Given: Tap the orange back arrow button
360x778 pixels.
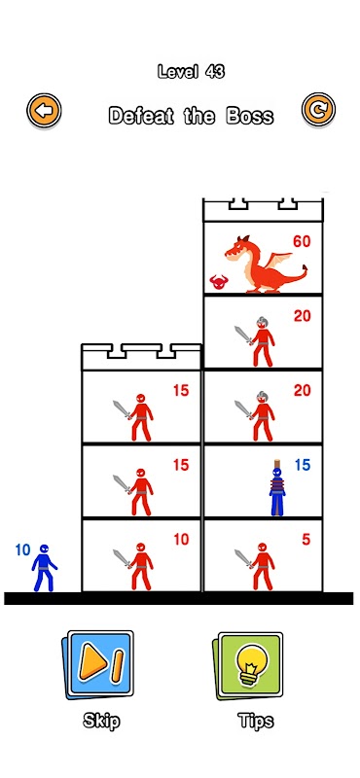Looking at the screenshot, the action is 44,110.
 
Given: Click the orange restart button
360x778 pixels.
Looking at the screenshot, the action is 319,110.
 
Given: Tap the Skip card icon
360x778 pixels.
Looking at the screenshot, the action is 98,665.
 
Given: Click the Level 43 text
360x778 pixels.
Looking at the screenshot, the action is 191,72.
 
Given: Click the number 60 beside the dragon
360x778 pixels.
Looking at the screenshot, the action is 302,241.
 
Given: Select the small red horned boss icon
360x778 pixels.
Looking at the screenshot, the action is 218,282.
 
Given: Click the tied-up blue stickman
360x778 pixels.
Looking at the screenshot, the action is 277,488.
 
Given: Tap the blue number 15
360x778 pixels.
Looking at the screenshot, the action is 302,465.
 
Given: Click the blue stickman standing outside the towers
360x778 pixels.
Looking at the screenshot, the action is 44,568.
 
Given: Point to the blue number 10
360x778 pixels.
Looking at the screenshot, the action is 22,549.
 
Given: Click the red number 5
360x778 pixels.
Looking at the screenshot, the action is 306,540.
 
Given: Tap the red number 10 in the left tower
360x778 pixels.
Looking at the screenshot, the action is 181,540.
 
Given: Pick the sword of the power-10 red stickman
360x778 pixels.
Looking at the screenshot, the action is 123,558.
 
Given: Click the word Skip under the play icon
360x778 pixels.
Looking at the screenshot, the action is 101,721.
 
